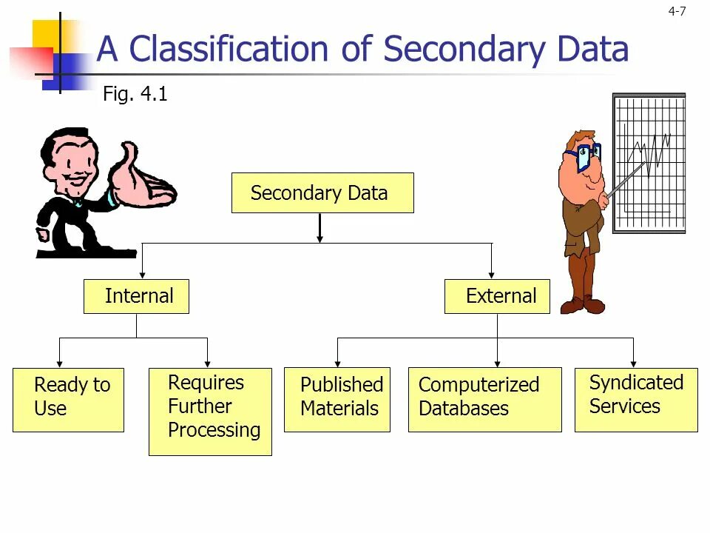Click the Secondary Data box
[322, 193]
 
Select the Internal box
[136, 296]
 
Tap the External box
[497, 296]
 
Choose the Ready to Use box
[68, 400]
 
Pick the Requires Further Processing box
[210, 411]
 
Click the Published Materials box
[337, 400]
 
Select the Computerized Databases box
[484, 400]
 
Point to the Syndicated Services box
[636, 400]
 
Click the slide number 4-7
[677, 11]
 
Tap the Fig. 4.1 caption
[135, 95]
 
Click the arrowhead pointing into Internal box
[142, 273]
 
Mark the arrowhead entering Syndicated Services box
[633, 362]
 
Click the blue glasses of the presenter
[584, 155]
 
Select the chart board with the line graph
[649, 163]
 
